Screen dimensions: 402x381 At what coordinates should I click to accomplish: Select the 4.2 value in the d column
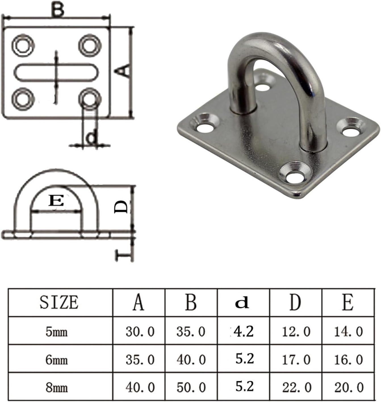click(243, 331)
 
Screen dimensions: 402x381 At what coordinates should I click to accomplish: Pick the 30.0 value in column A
click(140, 331)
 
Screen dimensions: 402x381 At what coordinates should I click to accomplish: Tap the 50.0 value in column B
click(191, 388)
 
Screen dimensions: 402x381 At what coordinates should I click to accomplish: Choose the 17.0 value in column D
click(296, 360)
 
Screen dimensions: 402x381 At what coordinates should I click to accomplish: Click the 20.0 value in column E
click(348, 388)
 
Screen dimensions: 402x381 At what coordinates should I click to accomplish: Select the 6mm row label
click(57, 360)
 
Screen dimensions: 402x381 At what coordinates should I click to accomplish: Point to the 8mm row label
click(57, 388)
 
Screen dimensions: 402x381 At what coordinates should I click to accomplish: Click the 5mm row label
click(57, 331)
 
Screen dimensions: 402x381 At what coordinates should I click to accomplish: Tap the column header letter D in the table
click(295, 302)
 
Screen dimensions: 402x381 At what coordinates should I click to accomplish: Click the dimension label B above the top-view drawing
click(57, 10)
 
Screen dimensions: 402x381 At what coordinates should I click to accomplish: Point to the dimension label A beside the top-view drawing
click(124, 71)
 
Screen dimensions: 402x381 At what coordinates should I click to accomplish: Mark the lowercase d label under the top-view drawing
click(91, 138)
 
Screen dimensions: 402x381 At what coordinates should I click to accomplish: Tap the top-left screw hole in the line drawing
click(23, 45)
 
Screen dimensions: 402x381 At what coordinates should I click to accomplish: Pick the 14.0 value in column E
click(348, 331)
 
